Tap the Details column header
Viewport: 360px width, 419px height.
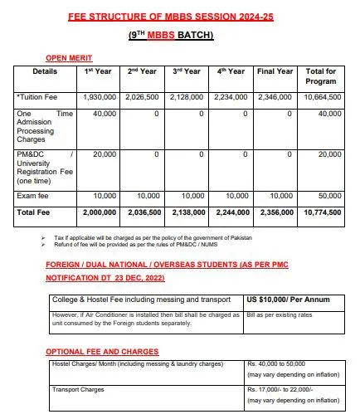click(45, 72)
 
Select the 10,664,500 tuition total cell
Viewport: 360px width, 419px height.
click(320, 97)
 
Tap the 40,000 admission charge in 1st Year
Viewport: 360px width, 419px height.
click(105, 114)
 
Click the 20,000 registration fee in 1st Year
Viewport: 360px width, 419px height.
click(105, 154)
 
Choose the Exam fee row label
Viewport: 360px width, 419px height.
click(33, 197)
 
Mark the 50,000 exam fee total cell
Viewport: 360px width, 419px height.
click(328, 197)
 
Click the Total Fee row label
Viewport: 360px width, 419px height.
click(34, 212)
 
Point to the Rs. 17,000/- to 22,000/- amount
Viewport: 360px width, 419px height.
click(282, 389)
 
